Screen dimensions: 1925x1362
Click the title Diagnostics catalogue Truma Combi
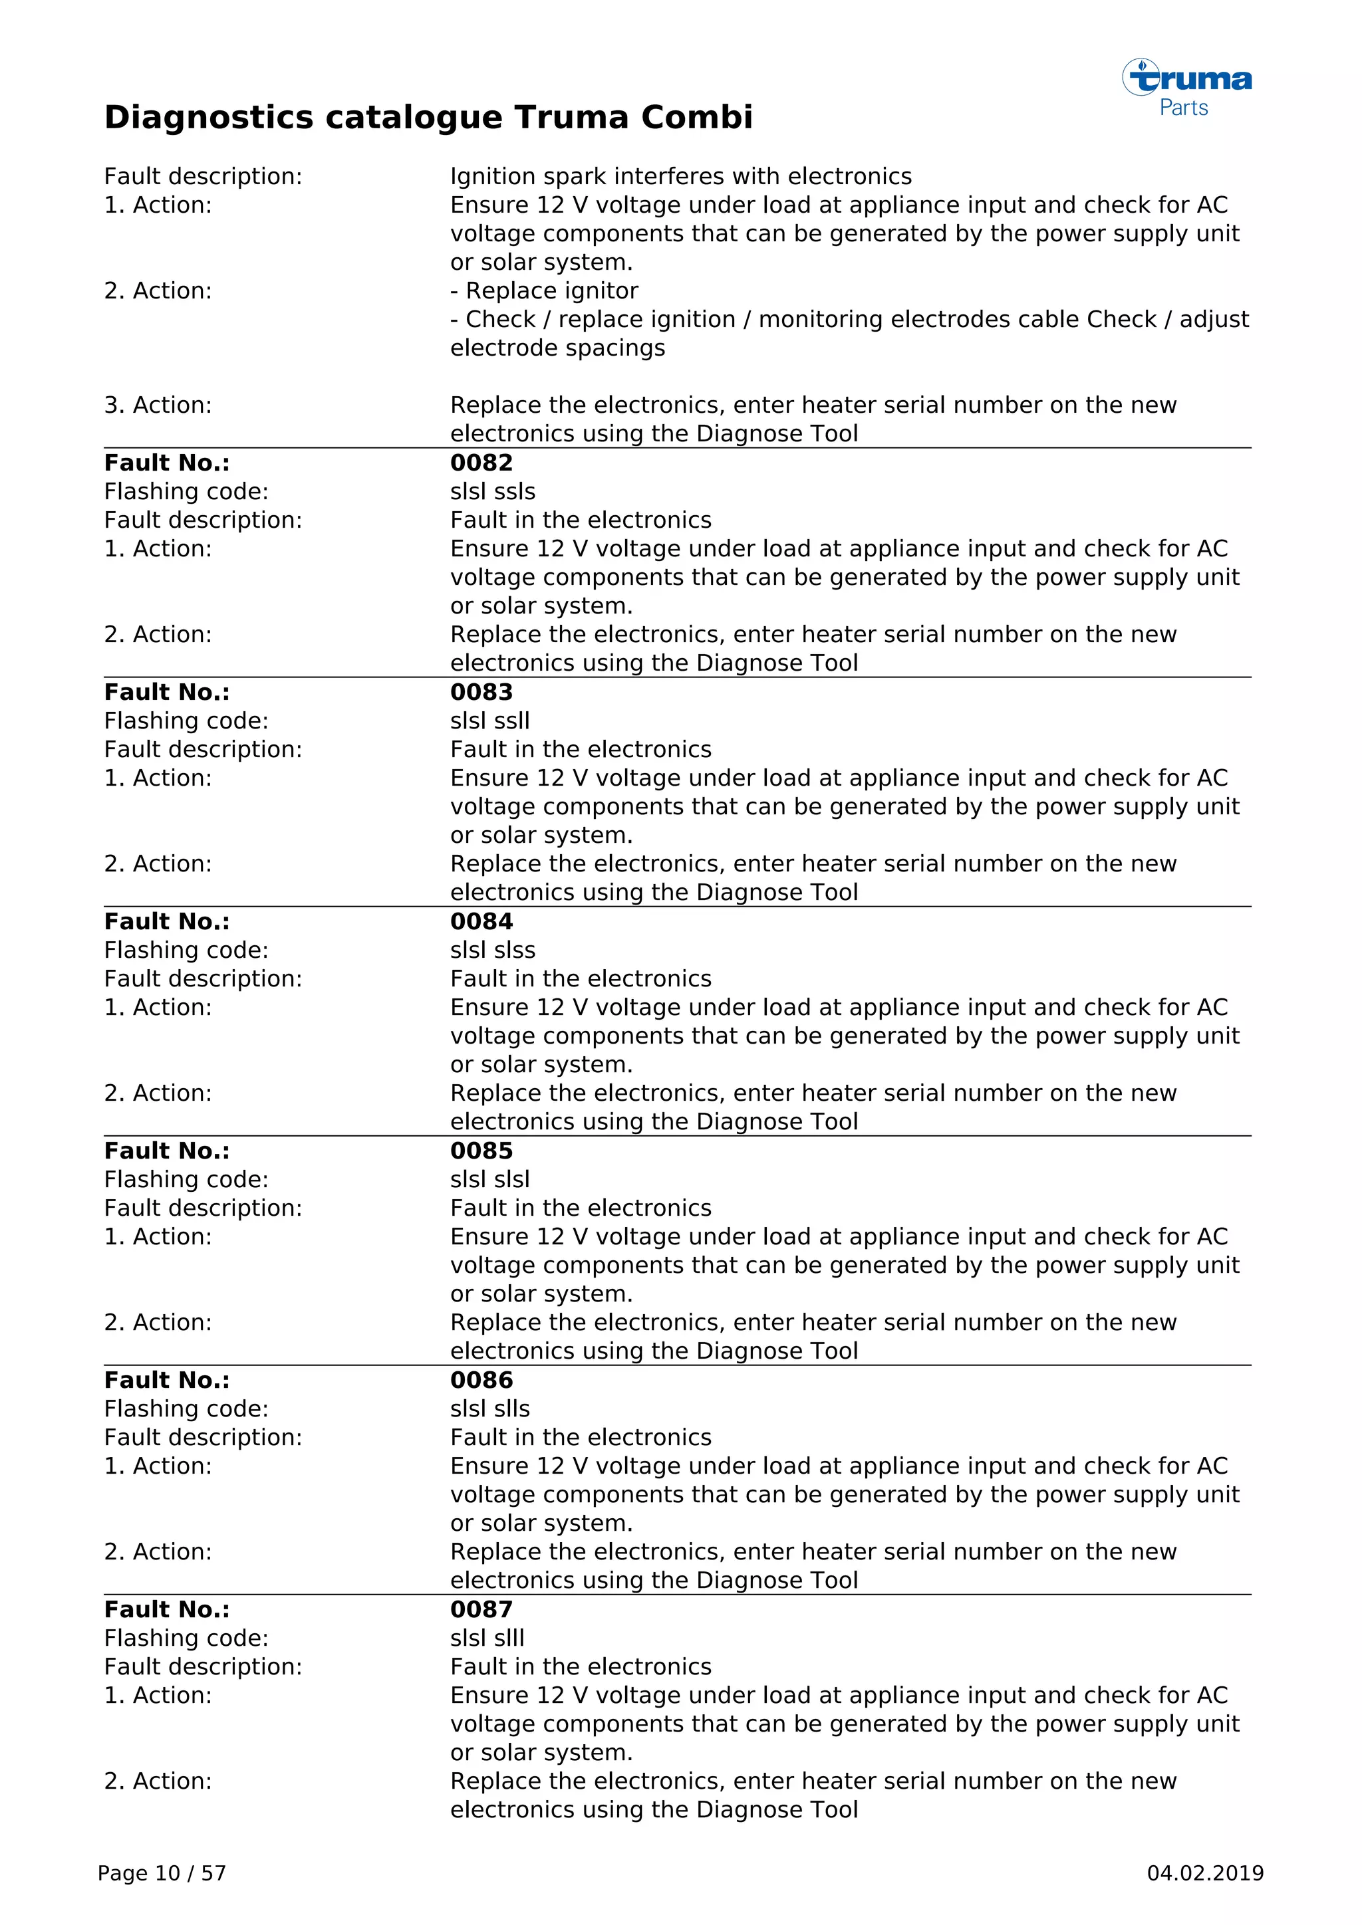tap(428, 118)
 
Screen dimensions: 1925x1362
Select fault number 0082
tap(481, 463)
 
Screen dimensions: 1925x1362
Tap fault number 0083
tap(481, 693)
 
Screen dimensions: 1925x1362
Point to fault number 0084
tap(481, 921)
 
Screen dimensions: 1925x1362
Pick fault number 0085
tap(481, 1151)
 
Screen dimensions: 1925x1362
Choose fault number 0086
tap(481, 1380)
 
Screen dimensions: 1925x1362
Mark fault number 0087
tap(481, 1610)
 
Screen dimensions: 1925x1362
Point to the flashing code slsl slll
tap(487, 1639)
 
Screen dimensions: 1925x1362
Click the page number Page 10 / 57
tap(162, 1874)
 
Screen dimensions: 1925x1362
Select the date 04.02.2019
tap(1205, 1874)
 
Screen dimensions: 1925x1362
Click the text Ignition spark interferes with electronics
tap(680, 177)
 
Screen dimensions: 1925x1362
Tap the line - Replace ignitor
tap(544, 291)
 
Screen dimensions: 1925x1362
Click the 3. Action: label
tap(158, 405)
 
